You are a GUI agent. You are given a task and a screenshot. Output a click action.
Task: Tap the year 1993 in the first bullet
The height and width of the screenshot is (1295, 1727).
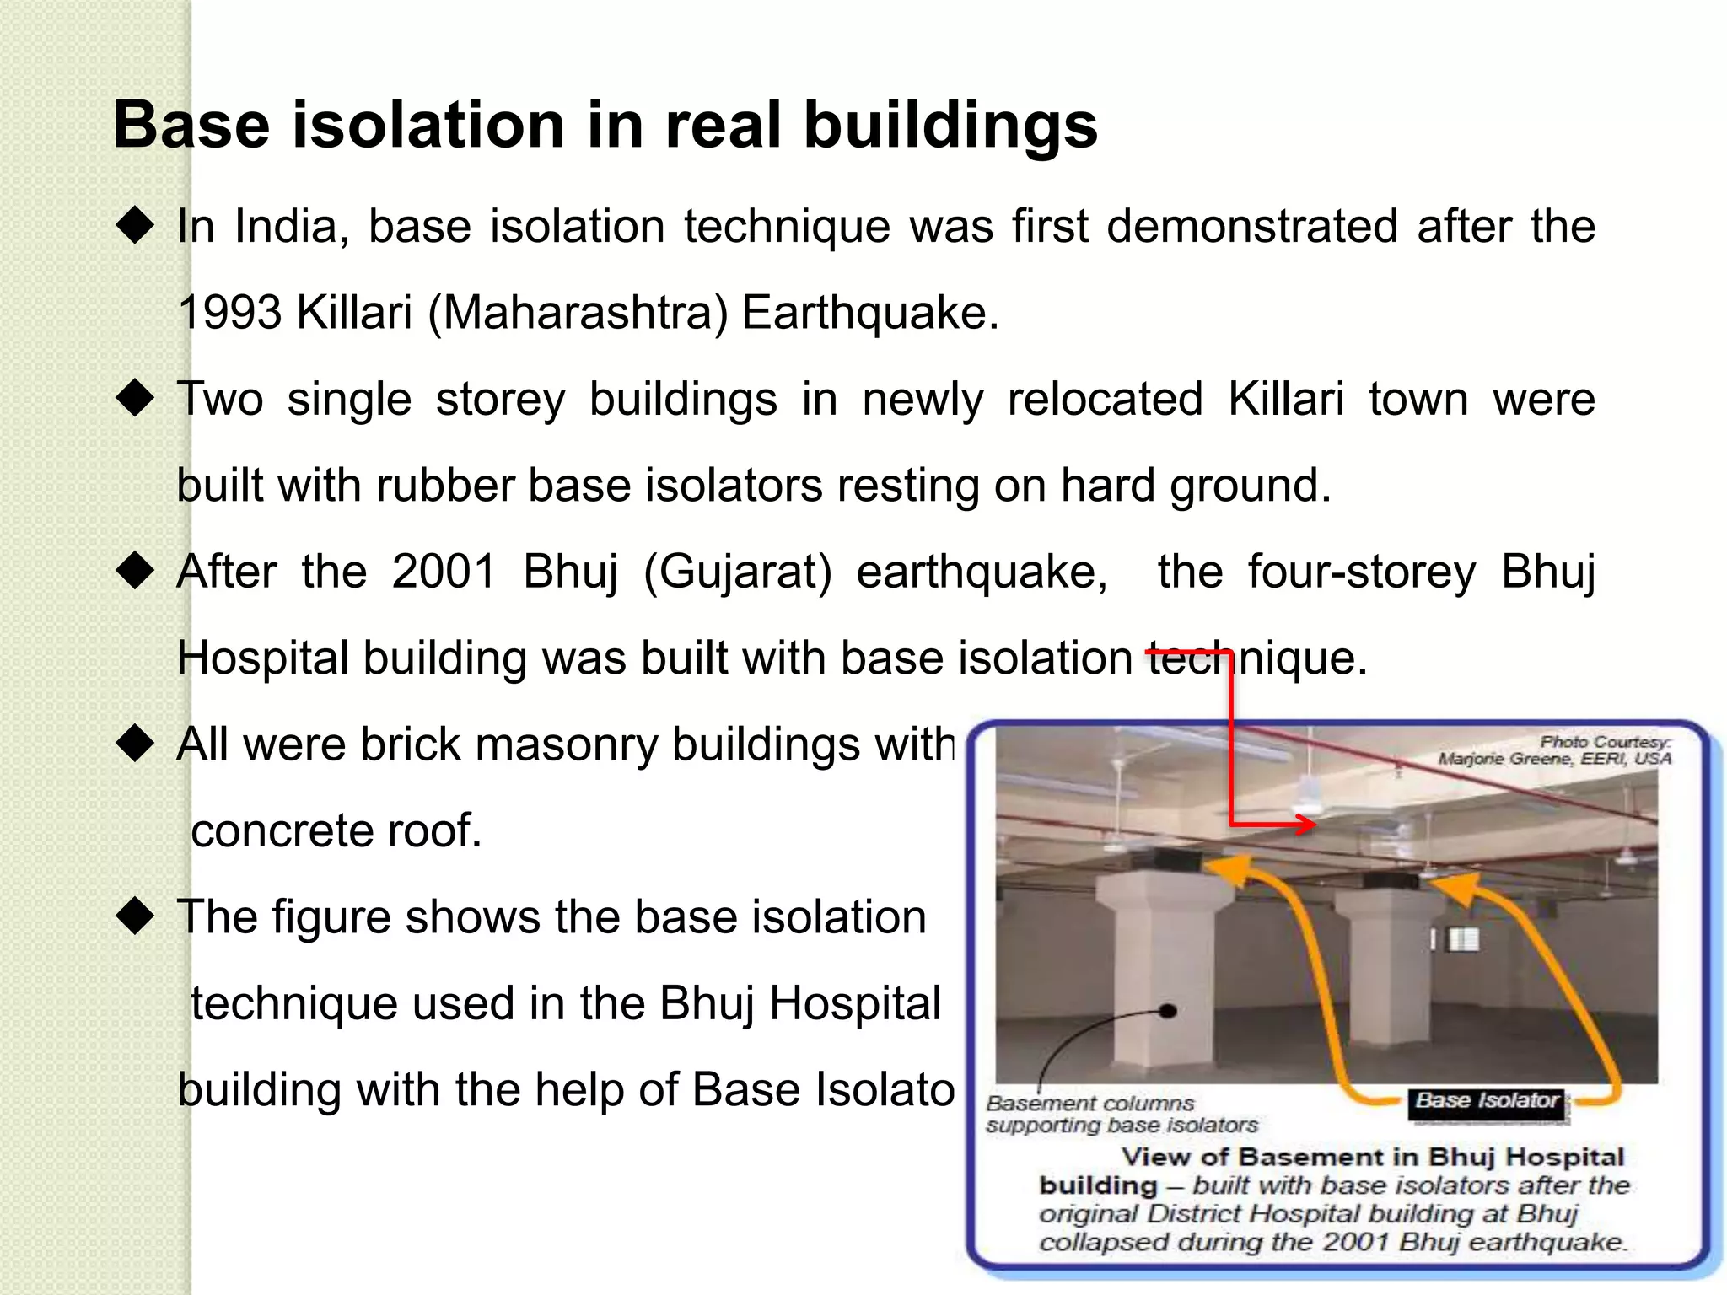pos(229,313)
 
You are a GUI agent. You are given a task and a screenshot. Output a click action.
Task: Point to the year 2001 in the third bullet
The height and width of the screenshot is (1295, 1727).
pos(444,572)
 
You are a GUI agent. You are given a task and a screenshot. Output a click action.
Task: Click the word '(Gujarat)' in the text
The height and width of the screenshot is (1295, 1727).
pos(737,572)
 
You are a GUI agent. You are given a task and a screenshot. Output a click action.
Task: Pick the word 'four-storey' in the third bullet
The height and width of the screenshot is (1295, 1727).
pos(1362,572)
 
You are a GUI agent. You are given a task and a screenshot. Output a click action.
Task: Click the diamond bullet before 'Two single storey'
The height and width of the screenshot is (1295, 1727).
pos(135,398)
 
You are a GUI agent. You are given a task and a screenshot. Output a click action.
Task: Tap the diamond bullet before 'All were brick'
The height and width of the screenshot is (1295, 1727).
pos(135,744)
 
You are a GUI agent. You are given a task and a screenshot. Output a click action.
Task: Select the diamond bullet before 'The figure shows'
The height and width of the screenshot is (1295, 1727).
pos(135,916)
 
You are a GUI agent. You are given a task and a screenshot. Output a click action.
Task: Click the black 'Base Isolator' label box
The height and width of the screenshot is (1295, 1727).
pos(1488,1103)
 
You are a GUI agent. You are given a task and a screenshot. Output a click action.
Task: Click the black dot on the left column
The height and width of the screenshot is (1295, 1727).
pos(1168,1011)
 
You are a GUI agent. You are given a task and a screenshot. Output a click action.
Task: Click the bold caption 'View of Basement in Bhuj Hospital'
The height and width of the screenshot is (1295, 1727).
pos(1372,1157)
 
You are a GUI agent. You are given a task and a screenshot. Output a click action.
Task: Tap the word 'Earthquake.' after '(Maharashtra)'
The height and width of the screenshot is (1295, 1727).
pos(870,313)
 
